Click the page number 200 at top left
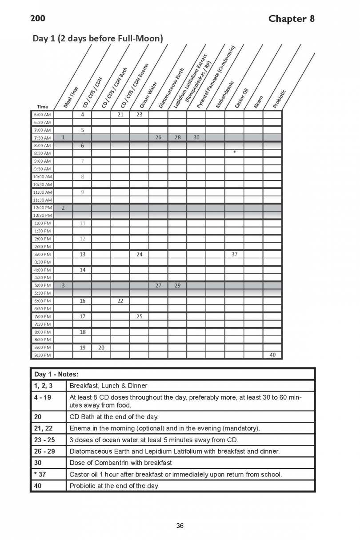click(37, 18)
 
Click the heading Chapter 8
click(291, 18)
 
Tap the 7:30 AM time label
click(42, 138)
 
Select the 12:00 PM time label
click(42, 208)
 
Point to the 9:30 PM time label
click(42, 355)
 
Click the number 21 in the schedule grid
click(120, 115)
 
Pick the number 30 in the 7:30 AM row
click(196, 137)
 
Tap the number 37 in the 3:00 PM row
click(234, 254)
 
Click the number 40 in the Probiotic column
click(272, 355)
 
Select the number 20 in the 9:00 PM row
click(101, 348)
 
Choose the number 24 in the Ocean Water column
click(139, 254)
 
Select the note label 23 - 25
click(44, 440)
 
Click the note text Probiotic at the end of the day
click(114, 486)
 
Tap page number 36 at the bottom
click(180, 526)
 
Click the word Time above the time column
click(42, 107)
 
